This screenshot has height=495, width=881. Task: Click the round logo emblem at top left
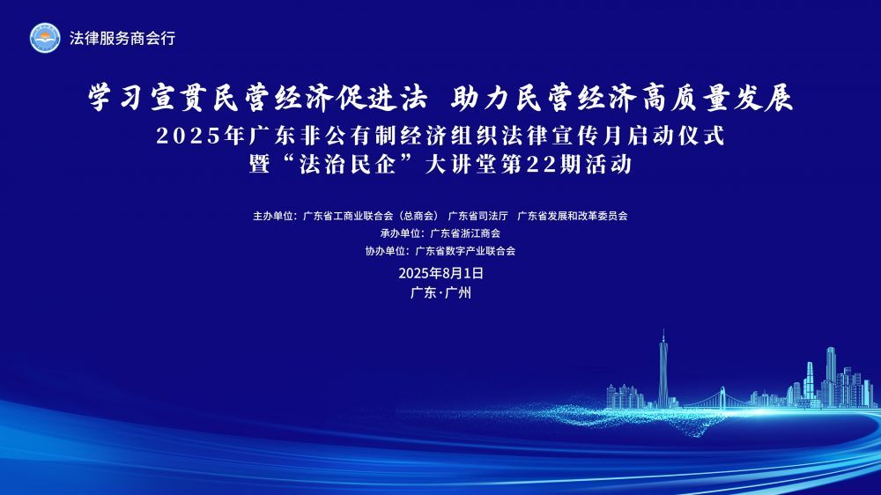(x=45, y=38)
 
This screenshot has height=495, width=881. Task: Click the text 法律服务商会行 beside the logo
(x=122, y=38)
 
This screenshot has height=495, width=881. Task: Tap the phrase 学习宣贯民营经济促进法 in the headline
(x=258, y=98)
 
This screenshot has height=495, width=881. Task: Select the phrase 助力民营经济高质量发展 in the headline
(x=622, y=98)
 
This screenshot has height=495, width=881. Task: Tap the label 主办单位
(x=272, y=216)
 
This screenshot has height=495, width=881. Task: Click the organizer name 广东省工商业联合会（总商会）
(x=370, y=216)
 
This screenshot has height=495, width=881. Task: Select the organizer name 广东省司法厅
(x=478, y=216)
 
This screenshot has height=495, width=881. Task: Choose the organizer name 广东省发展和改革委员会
(x=572, y=216)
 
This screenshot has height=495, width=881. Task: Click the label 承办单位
(x=400, y=233)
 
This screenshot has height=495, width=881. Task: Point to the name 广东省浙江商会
(x=465, y=233)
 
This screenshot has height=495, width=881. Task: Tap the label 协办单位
(x=385, y=251)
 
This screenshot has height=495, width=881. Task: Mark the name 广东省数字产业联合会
(x=465, y=251)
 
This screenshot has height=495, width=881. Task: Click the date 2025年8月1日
(x=441, y=274)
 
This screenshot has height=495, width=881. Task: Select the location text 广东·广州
(x=441, y=292)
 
